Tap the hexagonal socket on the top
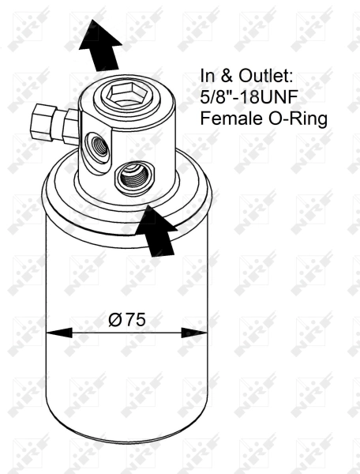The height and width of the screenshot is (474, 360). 125,97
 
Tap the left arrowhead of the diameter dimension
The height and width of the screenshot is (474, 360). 55,333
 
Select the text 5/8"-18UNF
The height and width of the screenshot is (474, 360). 248,100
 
